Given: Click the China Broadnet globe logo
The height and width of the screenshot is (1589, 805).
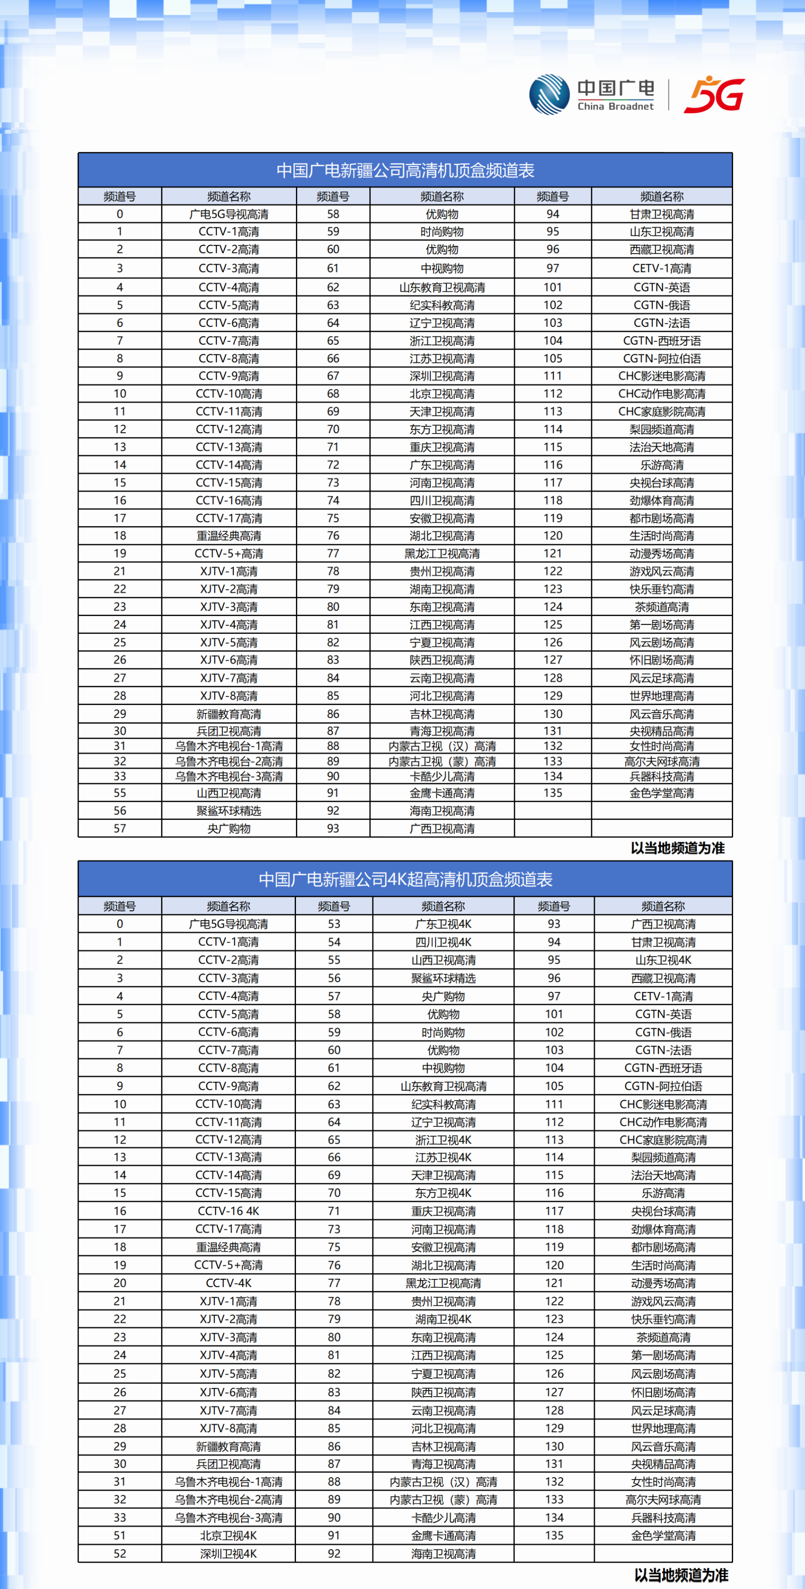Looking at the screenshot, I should coord(549,94).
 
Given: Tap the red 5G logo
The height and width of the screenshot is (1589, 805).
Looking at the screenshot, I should coord(714,95).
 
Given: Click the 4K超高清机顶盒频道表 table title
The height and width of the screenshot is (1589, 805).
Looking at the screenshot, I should coord(405,879).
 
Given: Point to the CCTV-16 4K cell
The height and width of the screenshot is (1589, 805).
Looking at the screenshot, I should coord(229,1211).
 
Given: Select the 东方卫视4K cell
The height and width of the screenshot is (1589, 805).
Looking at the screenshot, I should coord(443,1193).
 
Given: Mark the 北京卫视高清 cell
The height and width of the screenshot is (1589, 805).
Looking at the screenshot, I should coord(442,394).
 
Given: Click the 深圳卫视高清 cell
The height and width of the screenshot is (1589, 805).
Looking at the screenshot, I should coord(442,376).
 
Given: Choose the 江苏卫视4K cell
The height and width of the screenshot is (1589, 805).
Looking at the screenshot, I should coord(443,1157).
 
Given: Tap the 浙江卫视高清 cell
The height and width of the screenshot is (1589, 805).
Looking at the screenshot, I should coord(442,340).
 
